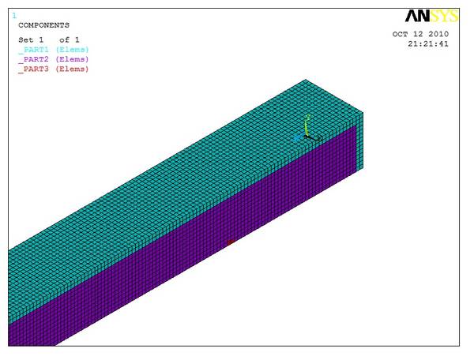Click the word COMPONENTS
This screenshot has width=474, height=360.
point(43,25)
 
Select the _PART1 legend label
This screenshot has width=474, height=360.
point(33,50)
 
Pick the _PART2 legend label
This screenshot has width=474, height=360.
point(33,59)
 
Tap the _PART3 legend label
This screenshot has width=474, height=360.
point(33,69)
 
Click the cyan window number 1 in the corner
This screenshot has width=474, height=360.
point(14,16)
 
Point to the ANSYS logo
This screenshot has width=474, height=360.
point(431,16)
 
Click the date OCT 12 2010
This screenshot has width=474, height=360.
point(420,34)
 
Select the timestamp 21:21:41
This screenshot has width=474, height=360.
point(428,43)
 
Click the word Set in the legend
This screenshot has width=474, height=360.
point(26,39)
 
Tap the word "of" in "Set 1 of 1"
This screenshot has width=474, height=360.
point(65,39)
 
